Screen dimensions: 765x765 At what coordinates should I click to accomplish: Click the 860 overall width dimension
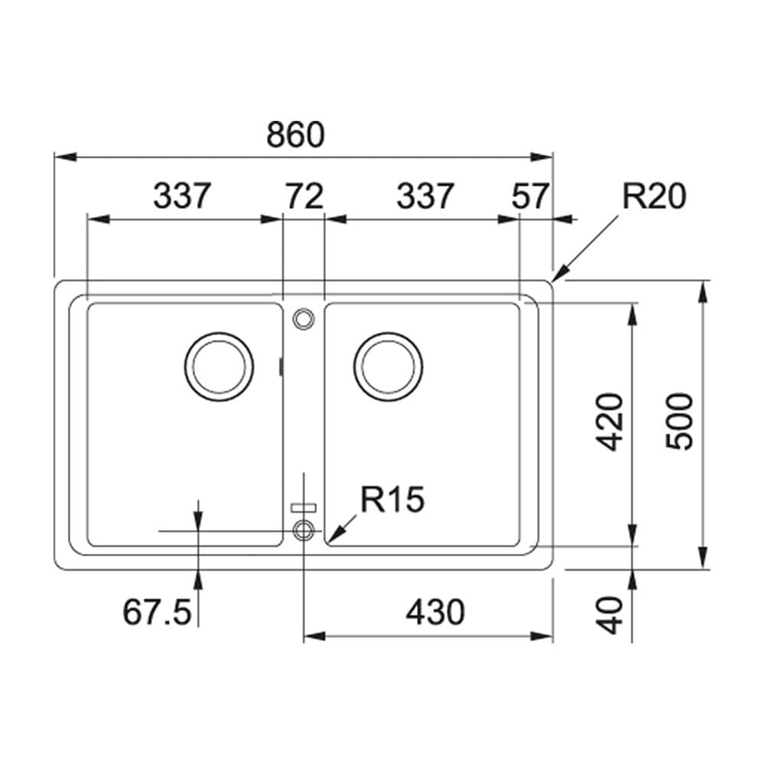(x=296, y=135)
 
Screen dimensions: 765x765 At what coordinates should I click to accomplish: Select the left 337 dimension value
(x=181, y=197)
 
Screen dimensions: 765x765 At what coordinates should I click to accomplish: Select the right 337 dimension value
(x=425, y=197)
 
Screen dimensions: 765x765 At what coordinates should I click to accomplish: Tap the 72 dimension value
(x=304, y=197)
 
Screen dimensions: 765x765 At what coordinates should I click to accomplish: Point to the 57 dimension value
(x=529, y=197)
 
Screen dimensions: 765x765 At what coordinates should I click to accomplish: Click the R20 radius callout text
(x=653, y=197)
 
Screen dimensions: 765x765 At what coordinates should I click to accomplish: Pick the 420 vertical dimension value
(x=610, y=422)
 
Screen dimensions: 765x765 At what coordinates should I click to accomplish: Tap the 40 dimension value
(x=610, y=616)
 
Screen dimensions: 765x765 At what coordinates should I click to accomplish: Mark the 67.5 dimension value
(x=156, y=612)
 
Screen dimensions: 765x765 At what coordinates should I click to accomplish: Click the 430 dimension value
(x=435, y=612)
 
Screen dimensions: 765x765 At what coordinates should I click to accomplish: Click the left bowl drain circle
(x=220, y=366)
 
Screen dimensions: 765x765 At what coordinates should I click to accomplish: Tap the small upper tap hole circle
(x=304, y=318)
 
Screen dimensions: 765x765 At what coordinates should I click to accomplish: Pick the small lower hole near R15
(x=304, y=529)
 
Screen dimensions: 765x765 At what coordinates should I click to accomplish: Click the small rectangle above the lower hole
(x=304, y=506)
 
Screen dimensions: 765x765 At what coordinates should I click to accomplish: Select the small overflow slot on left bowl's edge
(x=282, y=366)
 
